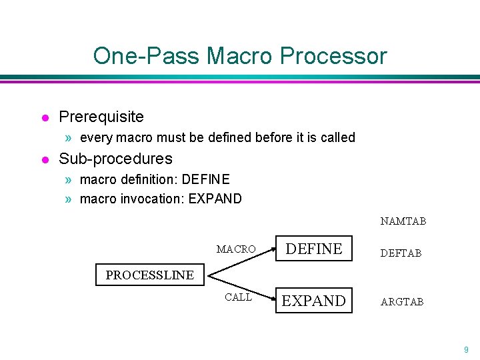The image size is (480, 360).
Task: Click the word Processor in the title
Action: tap(333, 55)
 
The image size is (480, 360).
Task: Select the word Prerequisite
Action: tap(101, 117)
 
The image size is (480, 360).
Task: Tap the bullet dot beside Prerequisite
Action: tap(45, 118)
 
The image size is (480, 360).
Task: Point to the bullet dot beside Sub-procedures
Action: tap(45, 160)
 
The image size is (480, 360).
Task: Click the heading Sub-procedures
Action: tap(115, 159)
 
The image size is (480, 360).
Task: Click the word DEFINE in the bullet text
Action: tap(205, 179)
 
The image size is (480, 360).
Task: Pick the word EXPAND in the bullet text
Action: tap(215, 199)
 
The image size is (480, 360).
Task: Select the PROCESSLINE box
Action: tap(150, 275)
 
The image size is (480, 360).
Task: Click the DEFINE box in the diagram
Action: tap(314, 249)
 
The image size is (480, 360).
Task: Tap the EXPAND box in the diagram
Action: tap(314, 301)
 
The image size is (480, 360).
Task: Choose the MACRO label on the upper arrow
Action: tap(236, 249)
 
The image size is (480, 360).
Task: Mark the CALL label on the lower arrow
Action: tap(238, 297)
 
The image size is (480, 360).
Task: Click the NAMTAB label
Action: tap(403, 221)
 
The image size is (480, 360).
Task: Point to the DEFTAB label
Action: tap(401, 253)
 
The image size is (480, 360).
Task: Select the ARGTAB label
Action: tap(402, 302)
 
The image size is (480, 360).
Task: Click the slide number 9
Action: tap(466, 349)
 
